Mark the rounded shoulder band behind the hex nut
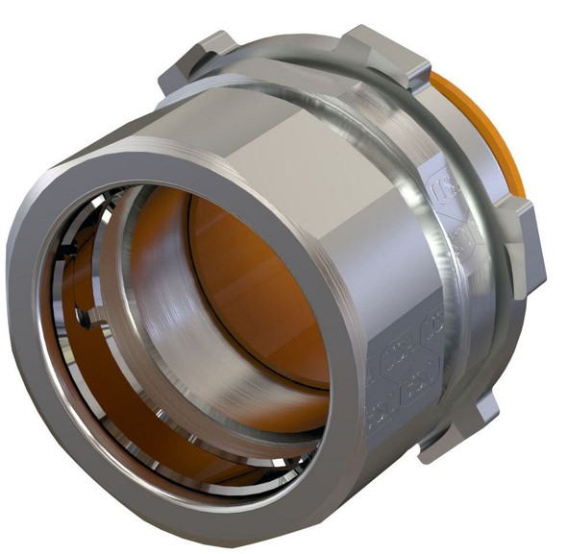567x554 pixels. point(384,144)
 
